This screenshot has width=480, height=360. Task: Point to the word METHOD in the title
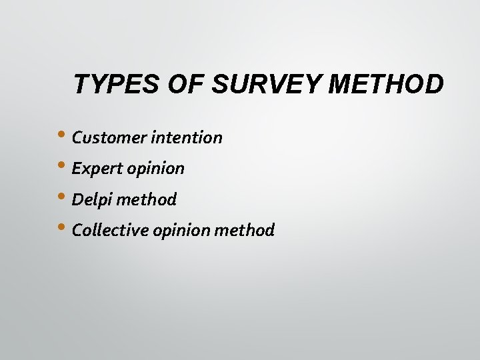pos(387,85)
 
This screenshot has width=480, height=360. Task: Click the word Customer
pos(109,138)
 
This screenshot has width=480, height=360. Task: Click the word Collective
pos(110,230)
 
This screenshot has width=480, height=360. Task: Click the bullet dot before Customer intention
pos(64,134)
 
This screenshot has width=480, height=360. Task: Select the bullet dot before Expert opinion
pos(64,165)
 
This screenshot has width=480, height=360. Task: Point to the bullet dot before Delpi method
pos(64,195)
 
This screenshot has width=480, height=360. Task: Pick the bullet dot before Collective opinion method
pos(64,226)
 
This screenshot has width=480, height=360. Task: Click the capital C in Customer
pos(77,138)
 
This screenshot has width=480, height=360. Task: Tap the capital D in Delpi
pos(77,199)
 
